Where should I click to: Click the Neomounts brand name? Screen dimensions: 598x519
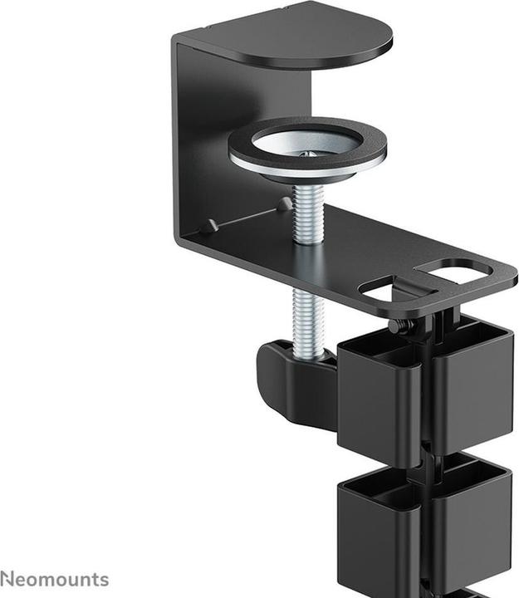point(55,578)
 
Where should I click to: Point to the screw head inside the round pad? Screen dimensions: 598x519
point(309,154)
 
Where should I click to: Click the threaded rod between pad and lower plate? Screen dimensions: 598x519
point(308,212)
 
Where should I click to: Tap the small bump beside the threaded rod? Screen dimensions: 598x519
point(284,203)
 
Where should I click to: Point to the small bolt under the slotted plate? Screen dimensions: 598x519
point(401,326)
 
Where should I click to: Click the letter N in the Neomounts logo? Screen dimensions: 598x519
point(7,578)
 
